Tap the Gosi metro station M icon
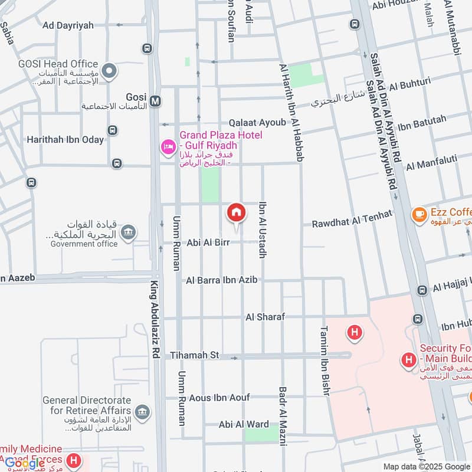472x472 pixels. click(x=155, y=101)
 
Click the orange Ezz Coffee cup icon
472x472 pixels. click(x=419, y=214)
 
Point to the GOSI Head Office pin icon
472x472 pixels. click(x=109, y=73)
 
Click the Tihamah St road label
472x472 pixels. click(x=194, y=355)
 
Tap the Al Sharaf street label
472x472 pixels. click(x=265, y=317)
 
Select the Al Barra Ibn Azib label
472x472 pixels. click(x=221, y=280)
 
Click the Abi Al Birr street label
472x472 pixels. click(x=204, y=242)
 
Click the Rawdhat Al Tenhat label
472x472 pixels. click(x=352, y=219)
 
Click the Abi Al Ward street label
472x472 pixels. click(x=244, y=424)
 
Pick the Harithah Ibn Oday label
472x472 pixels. click(x=65, y=140)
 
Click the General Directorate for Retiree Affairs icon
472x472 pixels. click(x=142, y=411)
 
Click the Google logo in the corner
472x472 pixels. click(x=25, y=463)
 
